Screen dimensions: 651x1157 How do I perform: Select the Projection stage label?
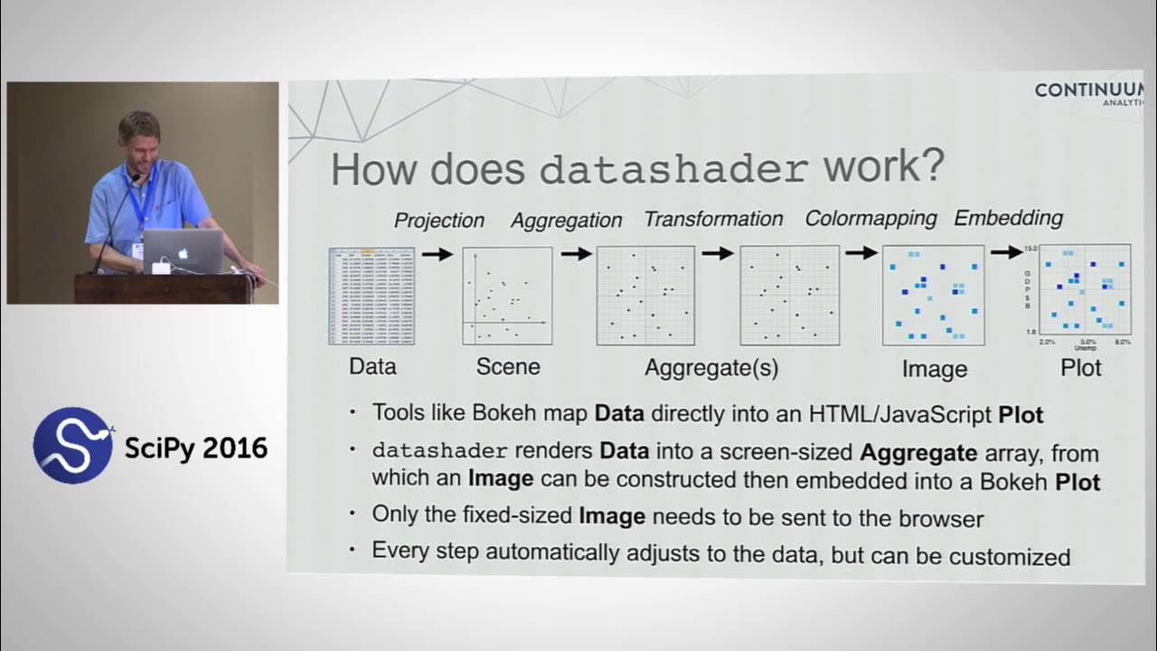click(x=439, y=220)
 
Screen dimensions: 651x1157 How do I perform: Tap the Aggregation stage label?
click(x=566, y=220)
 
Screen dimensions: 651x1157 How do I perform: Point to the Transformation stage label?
click(x=713, y=219)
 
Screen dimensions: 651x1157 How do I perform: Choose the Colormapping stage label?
click(x=870, y=219)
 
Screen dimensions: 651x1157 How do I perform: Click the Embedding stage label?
click(x=1008, y=218)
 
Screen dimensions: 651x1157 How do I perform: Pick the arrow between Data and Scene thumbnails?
click(x=437, y=254)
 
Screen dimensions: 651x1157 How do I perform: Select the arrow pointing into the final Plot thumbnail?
click(x=1005, y=252)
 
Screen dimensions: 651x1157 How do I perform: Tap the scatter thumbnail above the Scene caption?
click(x=507, y=296)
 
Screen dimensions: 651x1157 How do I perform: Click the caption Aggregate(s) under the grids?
click(x=711, y=367)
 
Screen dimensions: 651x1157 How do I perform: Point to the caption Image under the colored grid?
click(x=934, y=369)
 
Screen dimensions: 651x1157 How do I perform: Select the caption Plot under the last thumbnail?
click(x=1081, y=367)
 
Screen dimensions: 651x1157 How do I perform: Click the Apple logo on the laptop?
click(x=183, y=253)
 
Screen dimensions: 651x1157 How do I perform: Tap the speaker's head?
click(x=139, y=136)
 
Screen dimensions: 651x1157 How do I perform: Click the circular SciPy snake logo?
click(x=73, y=445)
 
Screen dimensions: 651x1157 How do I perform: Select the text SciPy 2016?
click(x=196, y=448)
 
